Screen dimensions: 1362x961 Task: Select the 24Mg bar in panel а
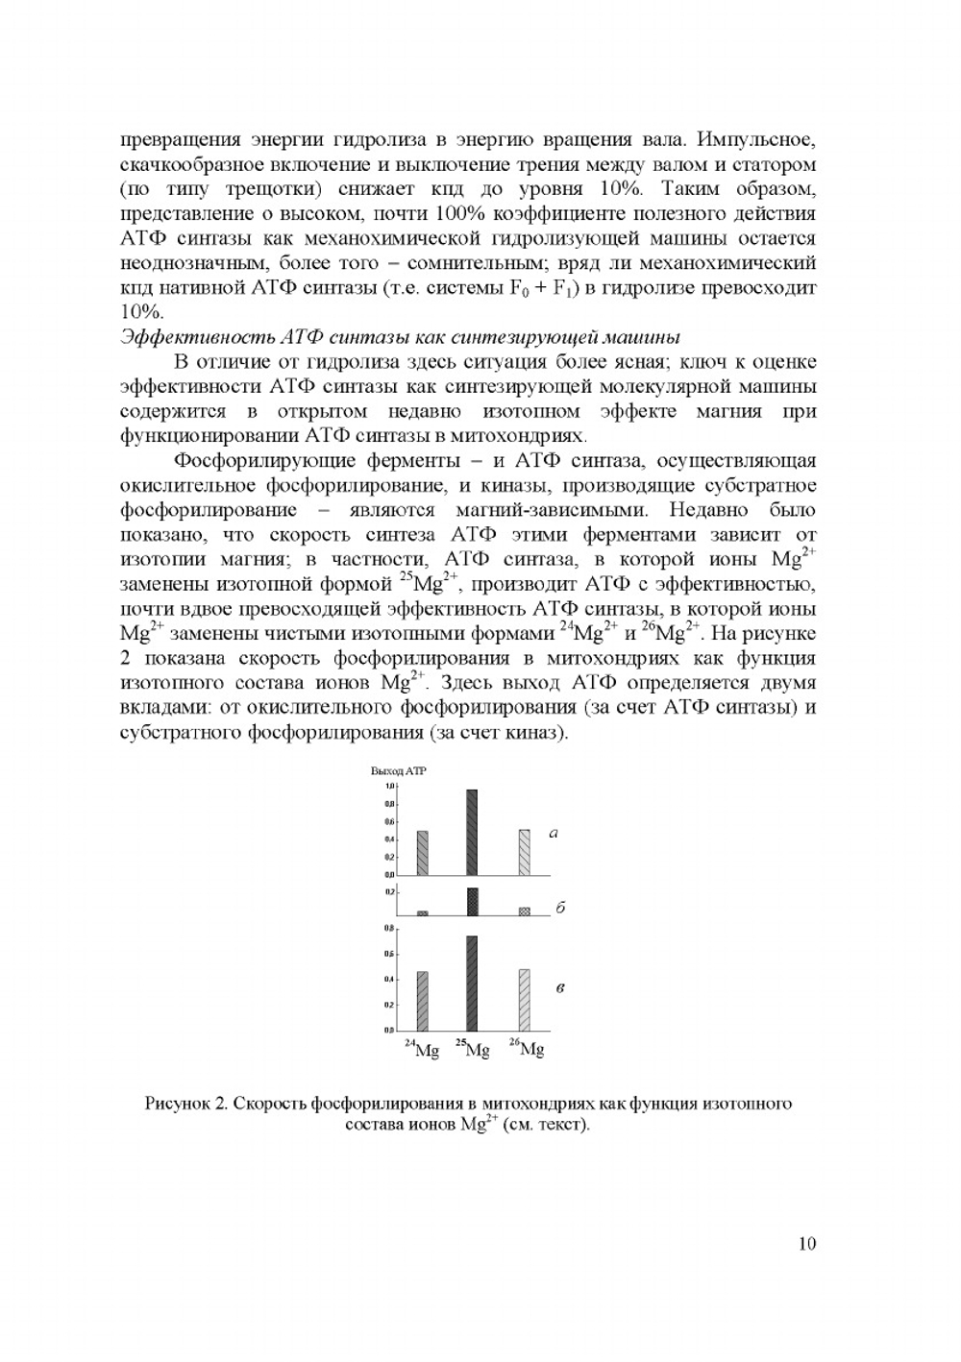pyautogui.click(x=423, y=853)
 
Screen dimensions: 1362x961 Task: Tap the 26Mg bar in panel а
pyautogui.click(x=524, y=852)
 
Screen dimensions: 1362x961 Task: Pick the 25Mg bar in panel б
pyautogui.click(x=473, y=902)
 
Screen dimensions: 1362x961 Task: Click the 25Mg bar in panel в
pyautogui.click(x=472, y=982)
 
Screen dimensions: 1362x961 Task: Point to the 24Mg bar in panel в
pyautogui.click(x=422, y=1000)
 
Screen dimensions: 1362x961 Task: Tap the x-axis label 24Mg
pyautogui.click(x=422, y=1049)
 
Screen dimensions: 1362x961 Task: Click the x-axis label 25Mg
pyautogui.click(x=473, y=1049)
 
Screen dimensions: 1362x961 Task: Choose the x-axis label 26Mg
pyautogui.click(x=527, y=1049)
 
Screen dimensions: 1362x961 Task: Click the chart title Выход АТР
pyautogui.click(x=398, y=771)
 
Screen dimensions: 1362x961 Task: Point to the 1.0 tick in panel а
pyautogui.click(x=391, y=787)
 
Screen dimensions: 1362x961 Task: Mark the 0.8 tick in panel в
pyautogui.click(x=391, y=929)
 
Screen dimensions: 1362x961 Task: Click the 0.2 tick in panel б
pyautogui.click(x=391, y=892)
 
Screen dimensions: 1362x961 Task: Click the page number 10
pyautogui.click(x=806, y=1244)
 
